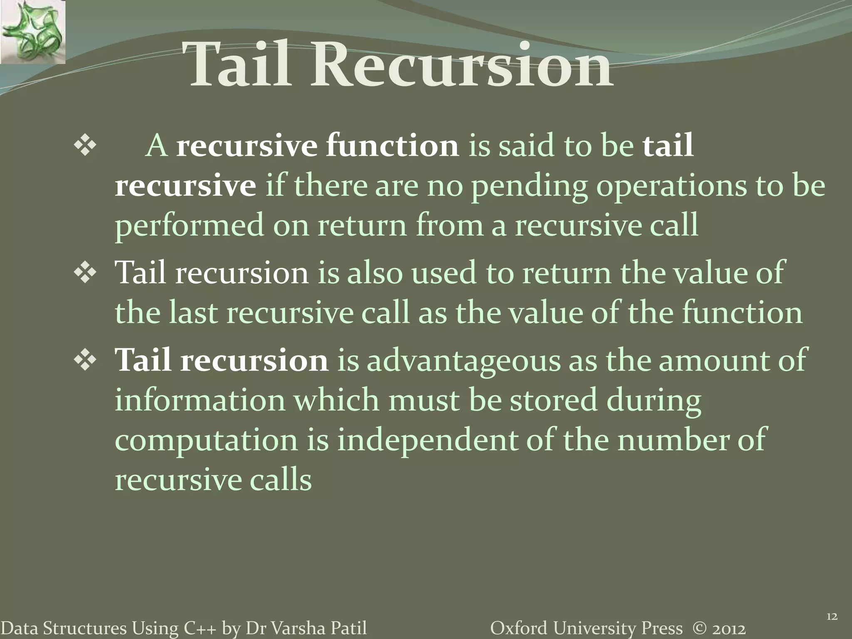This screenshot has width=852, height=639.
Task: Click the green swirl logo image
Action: [32, 32]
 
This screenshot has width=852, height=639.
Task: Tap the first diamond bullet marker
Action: [85, 146]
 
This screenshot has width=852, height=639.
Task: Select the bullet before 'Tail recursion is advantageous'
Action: [85, 360]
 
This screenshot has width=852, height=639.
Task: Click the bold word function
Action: [392, 146]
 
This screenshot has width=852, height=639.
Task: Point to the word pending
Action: [529, 186]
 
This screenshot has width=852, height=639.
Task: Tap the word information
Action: [200, 400]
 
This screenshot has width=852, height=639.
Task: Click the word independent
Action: [426, 440]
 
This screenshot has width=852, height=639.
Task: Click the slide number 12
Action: [831, 617]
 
